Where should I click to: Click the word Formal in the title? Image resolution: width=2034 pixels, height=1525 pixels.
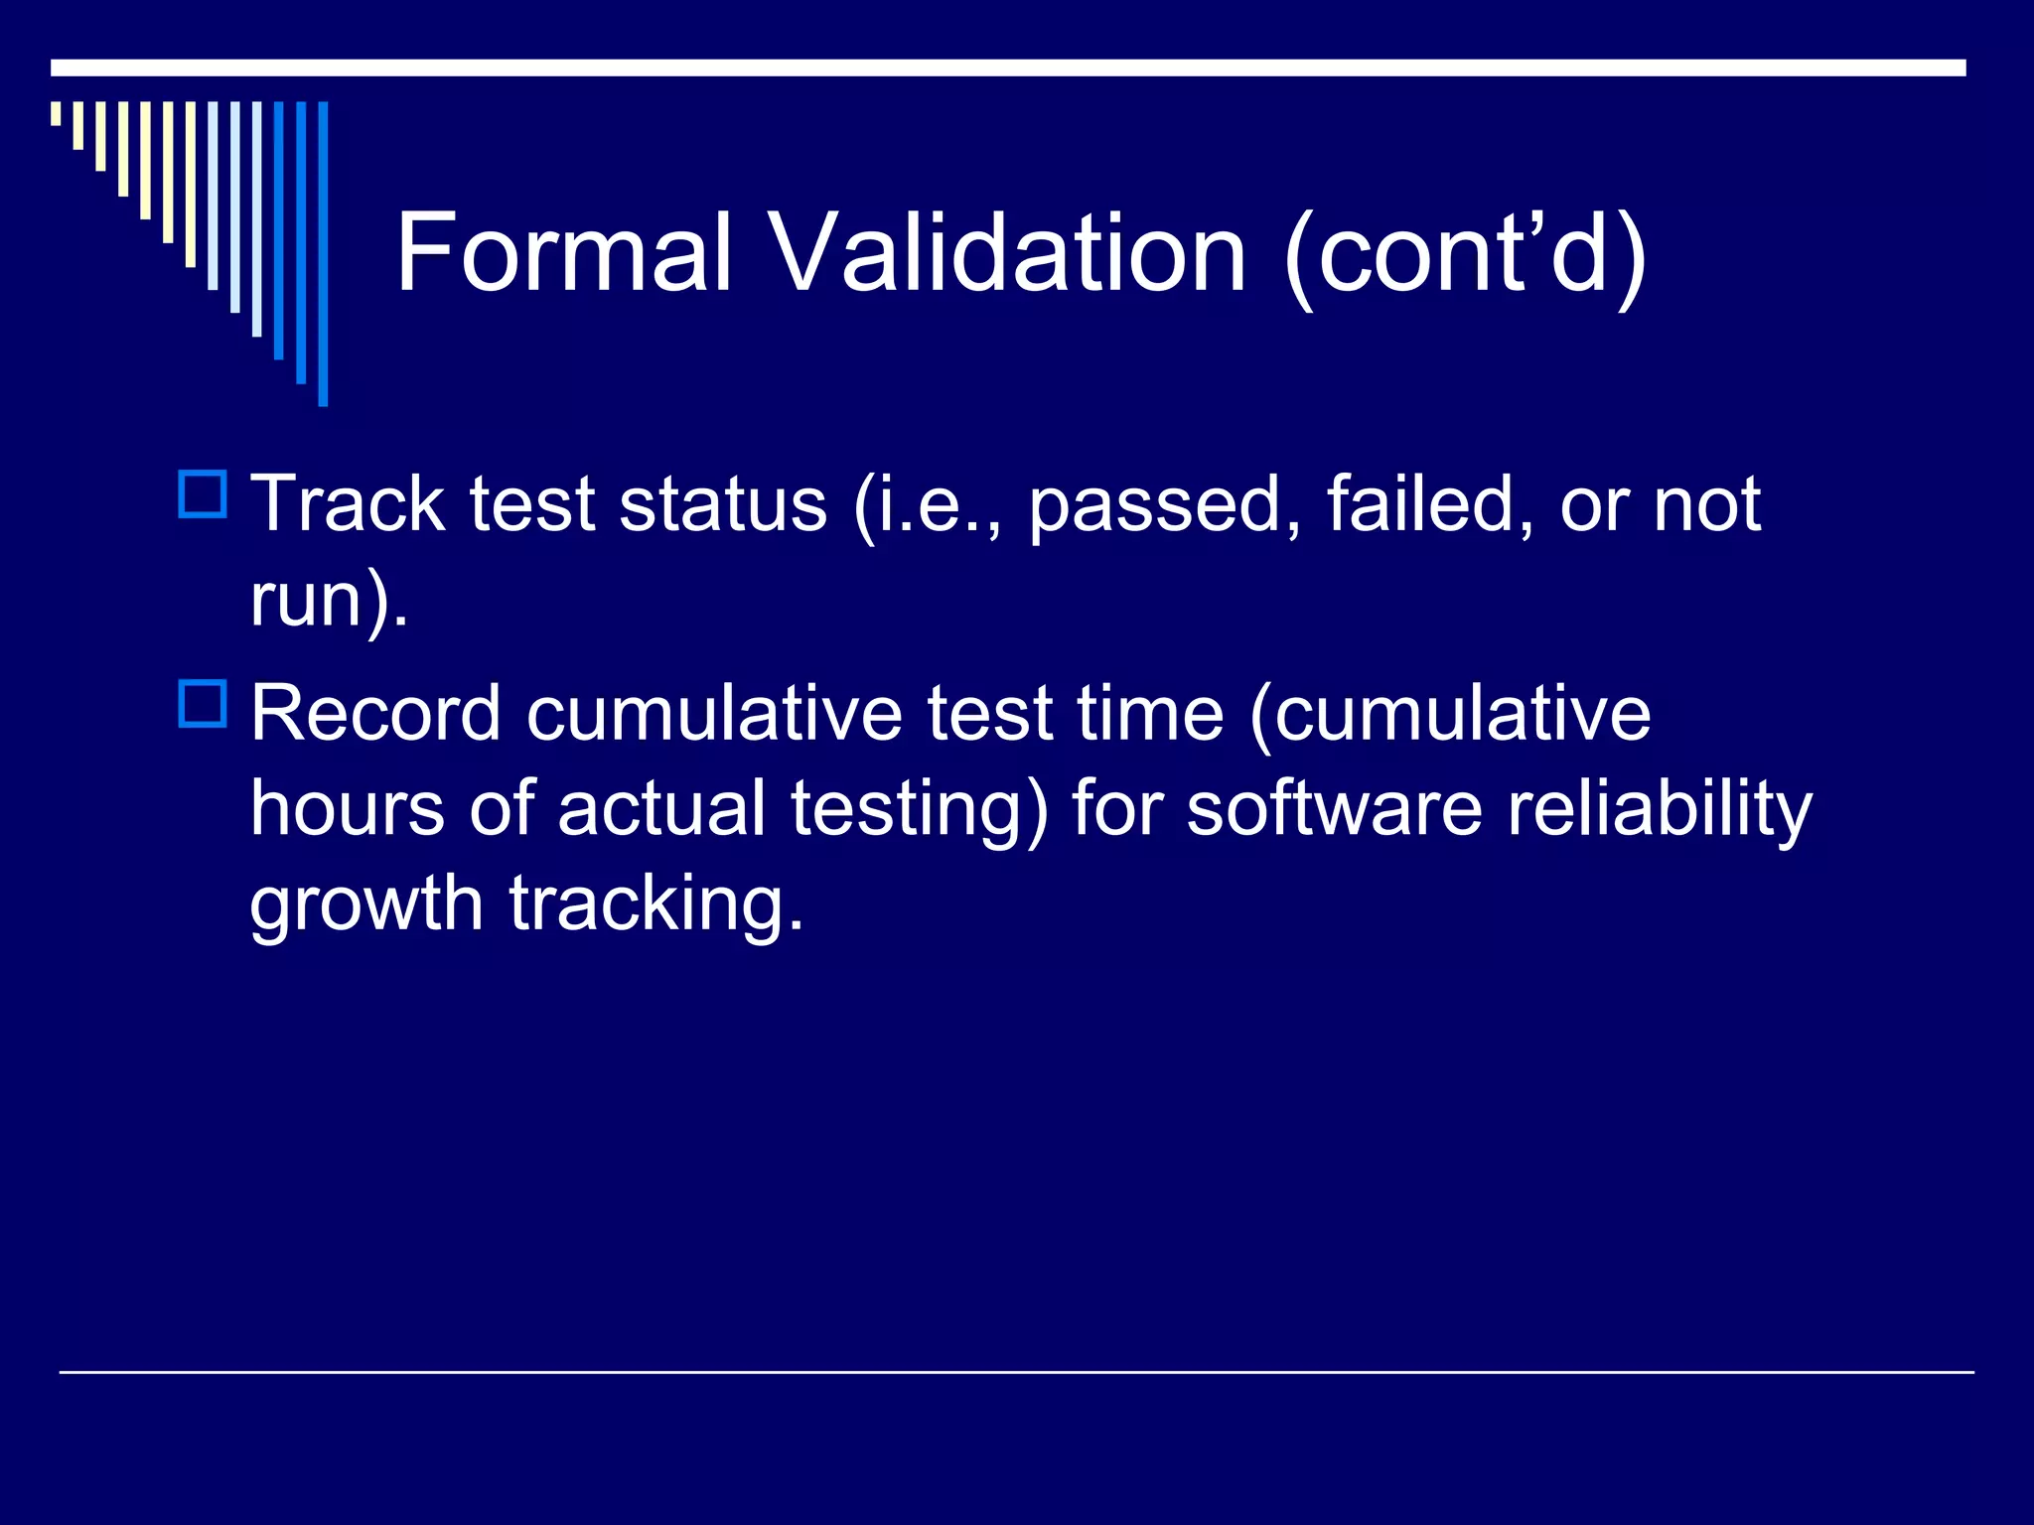[x=563, y=253]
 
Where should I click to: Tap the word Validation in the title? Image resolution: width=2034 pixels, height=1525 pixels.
[x=1008, y=253]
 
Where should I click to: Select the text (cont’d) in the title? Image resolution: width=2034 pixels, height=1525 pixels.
[x=1465, y=255]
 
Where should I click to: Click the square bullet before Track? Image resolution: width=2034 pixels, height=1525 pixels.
[x=204, y=494]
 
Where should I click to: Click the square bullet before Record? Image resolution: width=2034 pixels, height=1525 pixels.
[x=204, y=703]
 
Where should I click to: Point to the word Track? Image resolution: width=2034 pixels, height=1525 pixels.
[x=347, y=504]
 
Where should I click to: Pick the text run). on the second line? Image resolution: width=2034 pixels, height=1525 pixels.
[x=329, y=601]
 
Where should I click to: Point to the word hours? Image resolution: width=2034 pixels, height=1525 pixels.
[x=347, y=808]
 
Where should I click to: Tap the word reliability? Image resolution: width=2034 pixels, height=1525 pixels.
[x=1660, y=810]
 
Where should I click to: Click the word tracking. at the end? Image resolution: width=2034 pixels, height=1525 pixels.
[x=655, y=905]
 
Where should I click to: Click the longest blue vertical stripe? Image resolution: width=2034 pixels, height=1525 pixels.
[x=323, y=253]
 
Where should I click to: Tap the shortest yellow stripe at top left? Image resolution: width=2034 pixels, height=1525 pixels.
[x=57, y=113]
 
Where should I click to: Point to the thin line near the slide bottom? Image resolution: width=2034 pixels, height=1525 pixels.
[x=1017, y=1372]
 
